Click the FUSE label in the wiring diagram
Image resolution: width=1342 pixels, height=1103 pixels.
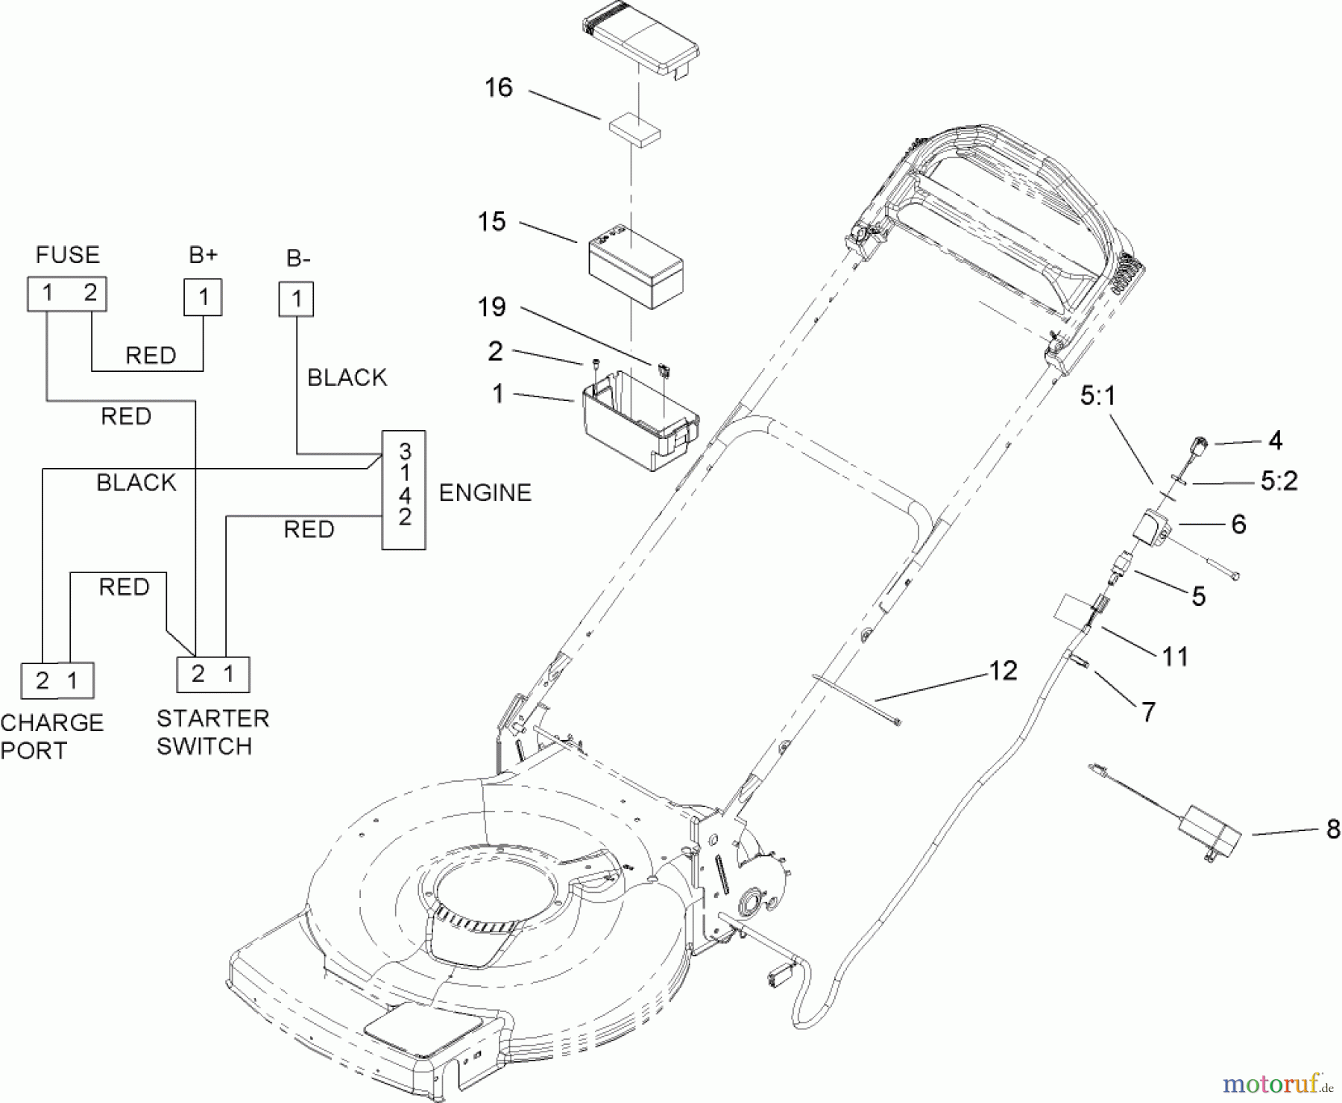tap(67, 255)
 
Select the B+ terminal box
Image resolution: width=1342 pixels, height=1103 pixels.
tap(203, 297)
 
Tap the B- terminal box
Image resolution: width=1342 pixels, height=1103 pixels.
tap(296, 299)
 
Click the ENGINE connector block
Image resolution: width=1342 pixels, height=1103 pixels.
tap(404, 490)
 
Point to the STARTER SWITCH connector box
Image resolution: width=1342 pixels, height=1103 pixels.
tap(212, 674)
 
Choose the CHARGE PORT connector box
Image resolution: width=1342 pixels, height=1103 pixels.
tap(57, 680)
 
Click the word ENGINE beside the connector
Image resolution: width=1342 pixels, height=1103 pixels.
tap(485, 493)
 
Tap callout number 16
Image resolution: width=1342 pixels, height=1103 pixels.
tap(499, 88)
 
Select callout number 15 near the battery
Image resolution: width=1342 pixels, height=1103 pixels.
tap(492, 221)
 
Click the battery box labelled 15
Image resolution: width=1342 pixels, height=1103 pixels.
tap(636, 268)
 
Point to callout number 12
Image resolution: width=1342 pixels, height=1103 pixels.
tap(1003, 671)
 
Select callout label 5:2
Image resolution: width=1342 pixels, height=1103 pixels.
tap(1279, 481)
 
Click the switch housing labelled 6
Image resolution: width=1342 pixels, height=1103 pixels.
tap(1150, 529)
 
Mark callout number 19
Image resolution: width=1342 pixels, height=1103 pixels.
tap(491, 306)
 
